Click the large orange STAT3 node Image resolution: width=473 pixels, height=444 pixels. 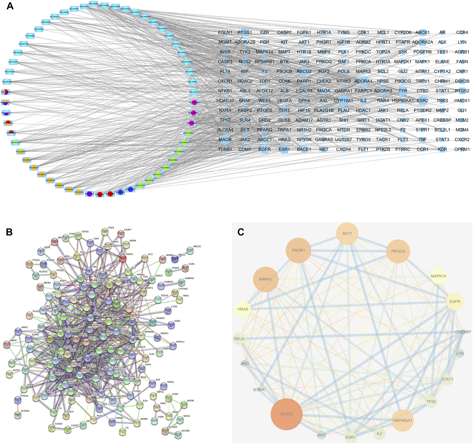pyautogui.click(x=286, y=414)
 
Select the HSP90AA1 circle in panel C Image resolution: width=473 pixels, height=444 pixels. pyautogui.click(x=403, y=421)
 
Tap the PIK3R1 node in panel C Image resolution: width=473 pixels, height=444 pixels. pyautogui.click(x=298, y=250)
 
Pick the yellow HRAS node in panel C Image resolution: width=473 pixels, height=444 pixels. pyautogui.click(x=243, y=309)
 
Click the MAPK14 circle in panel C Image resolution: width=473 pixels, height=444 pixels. pyautogui.click(x=438, y=276)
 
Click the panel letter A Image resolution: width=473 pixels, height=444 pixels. pyautogui.click(x=10, y=6)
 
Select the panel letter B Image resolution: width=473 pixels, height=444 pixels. pyautogui.click(x=9, y=232)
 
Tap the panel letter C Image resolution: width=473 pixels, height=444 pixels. pyautogui.click(x=241, y=232)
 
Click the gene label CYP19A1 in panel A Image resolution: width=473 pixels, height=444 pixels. pyautogui.click(x=343, y=101)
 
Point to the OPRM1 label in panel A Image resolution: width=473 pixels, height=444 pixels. pyautogui.click(x=462, y=149)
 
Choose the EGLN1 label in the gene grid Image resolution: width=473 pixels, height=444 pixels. pyautogui.click(x=225, y=32)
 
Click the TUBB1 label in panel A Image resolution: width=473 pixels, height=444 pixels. pyautogui.click(x=225, y=149)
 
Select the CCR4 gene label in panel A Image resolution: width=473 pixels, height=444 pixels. pyautogui.click(x=462, y=32)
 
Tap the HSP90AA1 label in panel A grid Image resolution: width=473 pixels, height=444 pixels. pyautogui.click(x=403, y=101)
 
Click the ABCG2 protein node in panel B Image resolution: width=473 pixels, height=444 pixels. pyautogui.click(x=190, y=250)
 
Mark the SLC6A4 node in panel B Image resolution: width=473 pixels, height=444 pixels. pyautogui.click(x=18, y=415)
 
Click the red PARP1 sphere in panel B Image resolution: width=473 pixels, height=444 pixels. pyautogui.click(x=123, y=258)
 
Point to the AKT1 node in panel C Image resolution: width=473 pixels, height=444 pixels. pyautogui.click(x=347, y=233)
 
